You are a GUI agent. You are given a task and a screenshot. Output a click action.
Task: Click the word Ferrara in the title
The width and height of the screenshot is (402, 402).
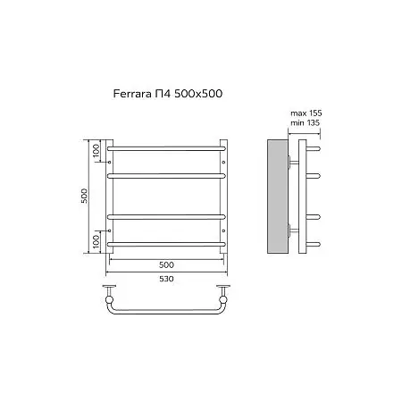point(132,94)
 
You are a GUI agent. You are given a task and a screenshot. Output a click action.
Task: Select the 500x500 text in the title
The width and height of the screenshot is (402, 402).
point(198,94)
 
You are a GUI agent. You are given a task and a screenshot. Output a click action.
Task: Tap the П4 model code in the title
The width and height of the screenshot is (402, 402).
point(163,94)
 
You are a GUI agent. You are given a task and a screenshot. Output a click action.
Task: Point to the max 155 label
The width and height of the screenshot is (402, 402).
point(306,113)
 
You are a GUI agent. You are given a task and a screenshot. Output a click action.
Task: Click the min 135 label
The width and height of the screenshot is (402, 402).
point(306,122)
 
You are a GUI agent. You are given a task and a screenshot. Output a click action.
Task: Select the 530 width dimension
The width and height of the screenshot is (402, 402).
point(166,279)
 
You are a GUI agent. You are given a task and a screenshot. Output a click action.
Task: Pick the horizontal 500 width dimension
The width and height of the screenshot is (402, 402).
point(166,264)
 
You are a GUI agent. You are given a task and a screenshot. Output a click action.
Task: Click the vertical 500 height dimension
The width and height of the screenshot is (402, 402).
point(85,196)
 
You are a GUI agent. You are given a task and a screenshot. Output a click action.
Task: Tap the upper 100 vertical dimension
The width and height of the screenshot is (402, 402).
point(96,150)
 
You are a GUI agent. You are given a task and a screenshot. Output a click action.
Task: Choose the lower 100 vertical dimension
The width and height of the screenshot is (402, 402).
point(96,241)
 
